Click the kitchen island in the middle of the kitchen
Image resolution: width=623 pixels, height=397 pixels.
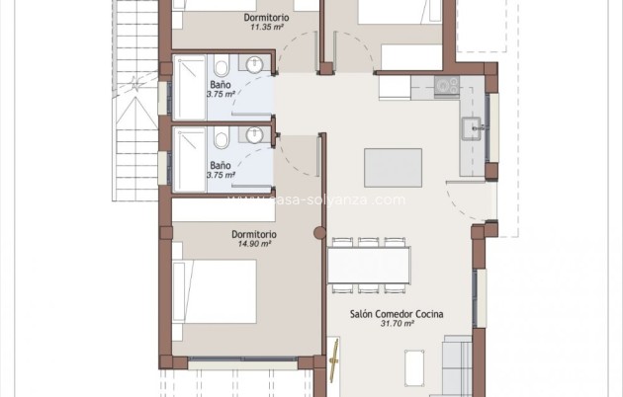(x=394, y=167)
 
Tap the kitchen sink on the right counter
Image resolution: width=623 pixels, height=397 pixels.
(x=474, y=126)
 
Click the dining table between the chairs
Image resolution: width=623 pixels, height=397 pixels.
(x=369, y=265)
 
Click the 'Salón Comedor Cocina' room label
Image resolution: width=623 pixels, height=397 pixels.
(x=396, y=314)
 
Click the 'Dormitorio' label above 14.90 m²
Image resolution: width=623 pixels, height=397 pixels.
(x=253, y=234)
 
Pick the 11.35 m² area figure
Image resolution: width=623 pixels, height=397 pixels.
(x=267, y=28)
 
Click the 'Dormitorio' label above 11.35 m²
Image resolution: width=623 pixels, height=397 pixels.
(x=267, y=18)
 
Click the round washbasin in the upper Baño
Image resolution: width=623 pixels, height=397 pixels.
(x=255, y=66)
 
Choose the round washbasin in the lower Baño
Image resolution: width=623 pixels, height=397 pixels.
(x=255, y=137)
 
